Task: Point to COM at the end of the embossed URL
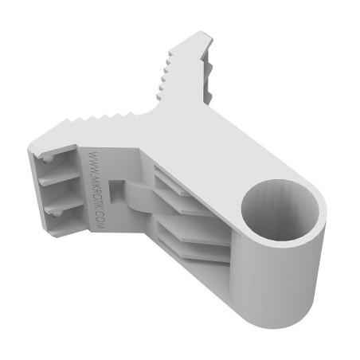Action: pyautogui.click(x=101, y=221)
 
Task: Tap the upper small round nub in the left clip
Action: pyautogui.click(x=48, y=158)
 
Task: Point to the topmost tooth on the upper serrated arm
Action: pyautogui.click(x=170, y=54)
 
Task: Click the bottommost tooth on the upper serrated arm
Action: pyautogui.click(x=158, y=96)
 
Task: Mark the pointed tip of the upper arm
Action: pyautogui.click(x=202, y=32)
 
